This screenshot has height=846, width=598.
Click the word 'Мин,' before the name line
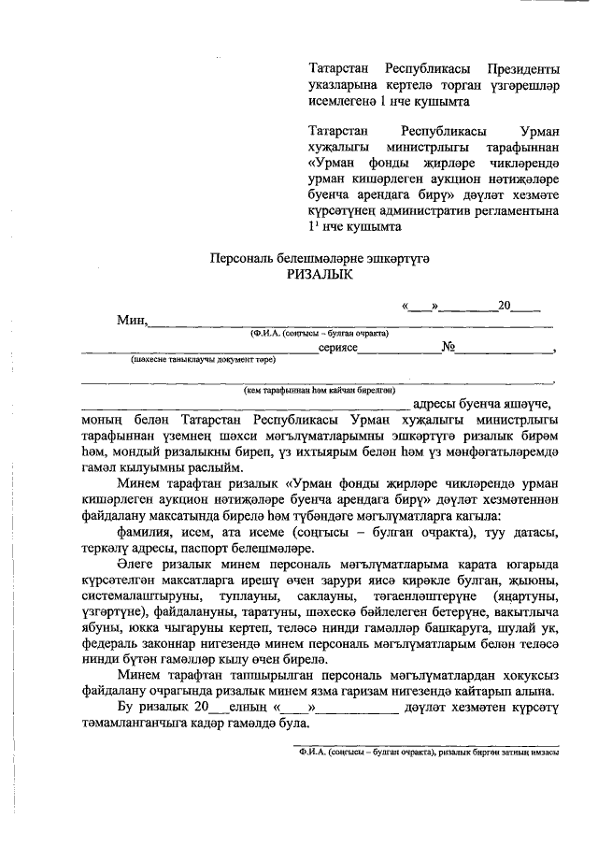point(133,321)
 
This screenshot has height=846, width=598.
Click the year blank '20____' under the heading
point(518,305)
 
